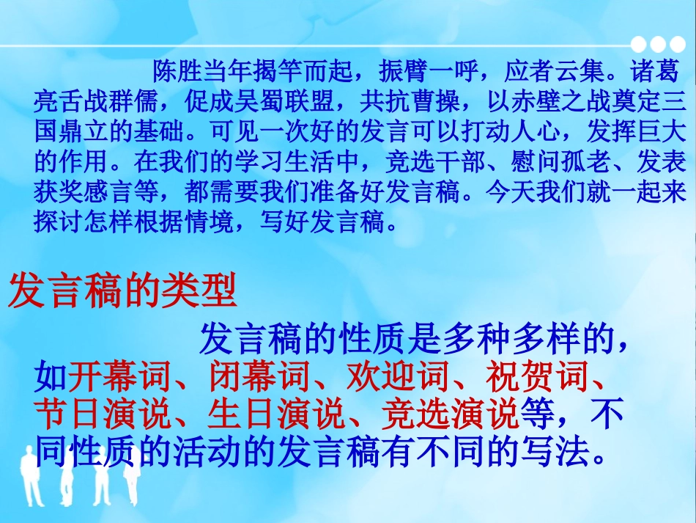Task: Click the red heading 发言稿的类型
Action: click(122, 291)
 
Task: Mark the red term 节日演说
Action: click(102, 416)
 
